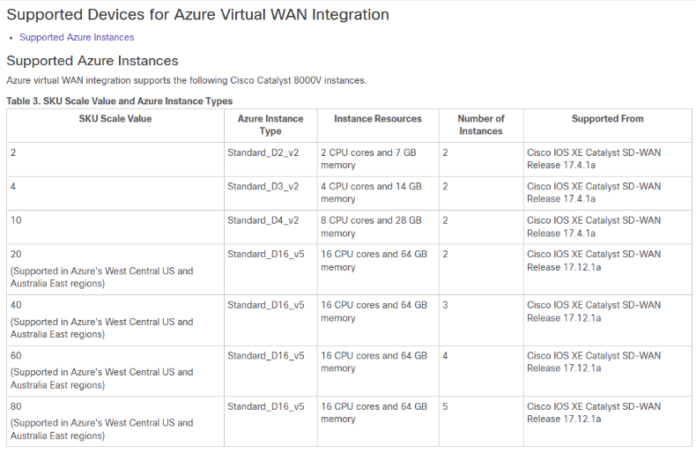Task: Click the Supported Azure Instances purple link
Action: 77,37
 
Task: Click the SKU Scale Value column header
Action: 115,119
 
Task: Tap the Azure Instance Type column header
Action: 270,125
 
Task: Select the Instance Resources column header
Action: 378,119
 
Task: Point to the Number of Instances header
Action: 481,125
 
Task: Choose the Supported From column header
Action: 608,119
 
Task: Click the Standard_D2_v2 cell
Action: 263,152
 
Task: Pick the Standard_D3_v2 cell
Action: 263,187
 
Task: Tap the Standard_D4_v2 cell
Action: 263,220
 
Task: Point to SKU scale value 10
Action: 16,220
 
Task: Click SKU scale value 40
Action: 16,305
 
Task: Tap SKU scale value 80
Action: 16,406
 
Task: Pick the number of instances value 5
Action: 445,406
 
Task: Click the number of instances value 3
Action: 445,305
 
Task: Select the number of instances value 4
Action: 445,356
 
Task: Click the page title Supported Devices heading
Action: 198,15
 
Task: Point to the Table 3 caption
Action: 120,101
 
